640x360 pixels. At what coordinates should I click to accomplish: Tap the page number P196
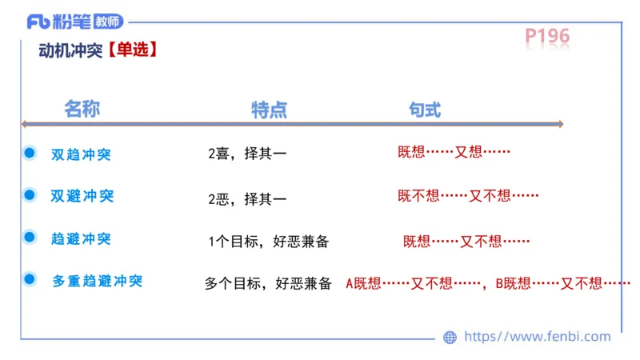547,37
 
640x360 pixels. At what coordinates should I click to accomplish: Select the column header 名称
82,110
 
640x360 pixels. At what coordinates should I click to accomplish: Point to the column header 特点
269,110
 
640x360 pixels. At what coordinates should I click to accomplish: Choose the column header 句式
424,110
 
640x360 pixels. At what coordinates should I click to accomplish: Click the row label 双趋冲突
81,154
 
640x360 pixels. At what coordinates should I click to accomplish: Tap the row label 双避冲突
82,196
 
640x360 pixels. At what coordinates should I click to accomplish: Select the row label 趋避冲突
81,238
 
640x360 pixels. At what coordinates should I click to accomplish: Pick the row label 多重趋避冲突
97,281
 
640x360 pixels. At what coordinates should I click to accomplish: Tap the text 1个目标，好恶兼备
267,239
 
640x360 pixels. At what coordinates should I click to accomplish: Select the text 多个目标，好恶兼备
267,282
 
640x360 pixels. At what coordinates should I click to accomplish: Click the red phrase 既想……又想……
454,152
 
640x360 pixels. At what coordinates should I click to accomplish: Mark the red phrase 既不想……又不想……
468,195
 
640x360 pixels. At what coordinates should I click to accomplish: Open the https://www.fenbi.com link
537,337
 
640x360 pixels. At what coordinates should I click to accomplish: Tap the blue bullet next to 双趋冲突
30,152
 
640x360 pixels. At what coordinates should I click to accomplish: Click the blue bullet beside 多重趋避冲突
30,278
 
